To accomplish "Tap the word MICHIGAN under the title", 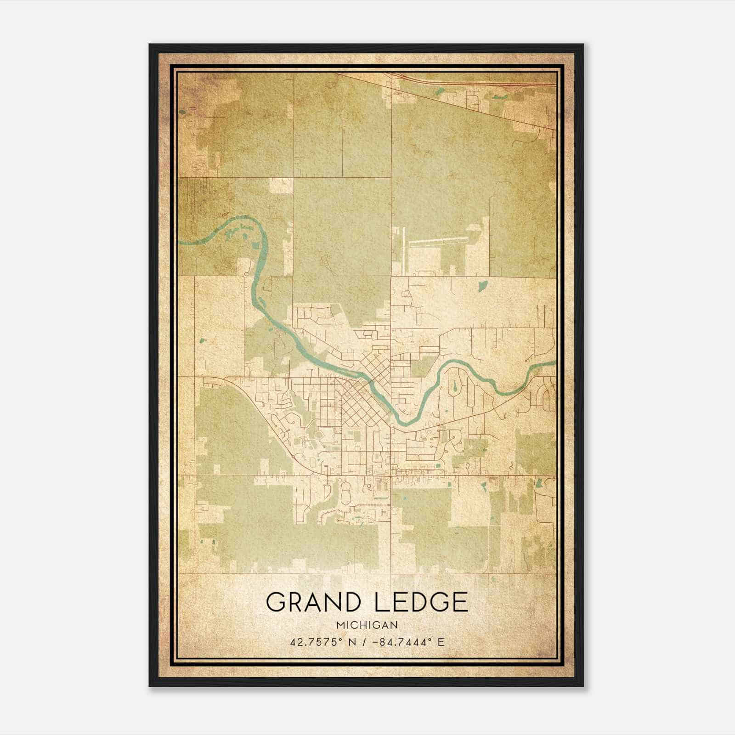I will tap(367, 625).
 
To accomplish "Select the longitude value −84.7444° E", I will tap(408, 642).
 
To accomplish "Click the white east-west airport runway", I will tap(436, 240).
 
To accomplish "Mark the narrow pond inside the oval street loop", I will tap(454, 386).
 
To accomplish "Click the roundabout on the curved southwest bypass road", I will tap(293, 457).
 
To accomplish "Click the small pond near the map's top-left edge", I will tap(183, 112).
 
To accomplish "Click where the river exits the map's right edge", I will tap(554, 363).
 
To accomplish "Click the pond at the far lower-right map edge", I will tap(539, 483).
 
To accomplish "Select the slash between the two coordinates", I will tap(363, 642).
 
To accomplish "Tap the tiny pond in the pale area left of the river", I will tap(203, 341).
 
